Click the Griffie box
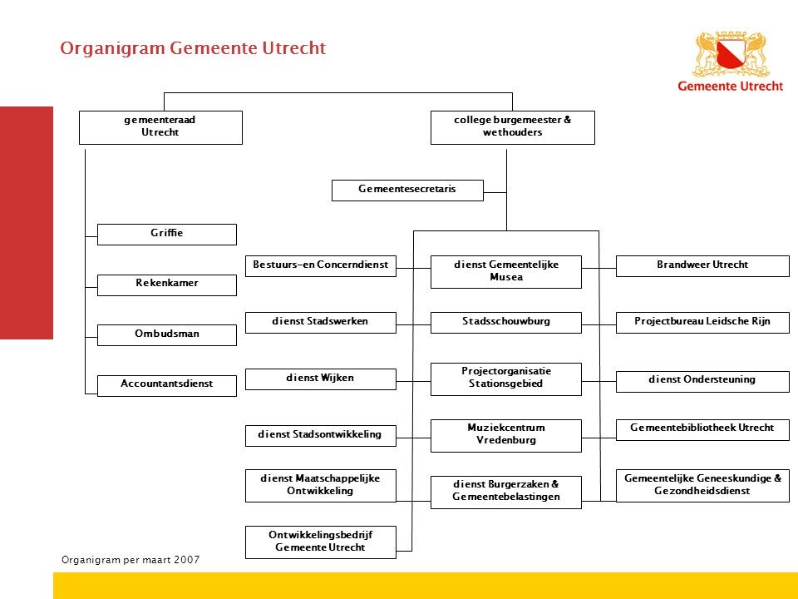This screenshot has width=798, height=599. coord(167,235)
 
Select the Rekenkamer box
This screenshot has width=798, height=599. coord(167,285)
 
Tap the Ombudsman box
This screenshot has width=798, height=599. coord(167,335)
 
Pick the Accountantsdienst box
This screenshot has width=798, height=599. coord(167,385)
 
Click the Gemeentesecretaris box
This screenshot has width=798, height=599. coord(407,191)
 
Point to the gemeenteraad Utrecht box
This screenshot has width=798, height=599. coord(160,127)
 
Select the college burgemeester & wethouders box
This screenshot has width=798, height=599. coord(513,127)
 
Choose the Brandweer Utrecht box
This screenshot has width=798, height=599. coord(702,266)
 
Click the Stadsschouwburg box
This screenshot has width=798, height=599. coord(506,323)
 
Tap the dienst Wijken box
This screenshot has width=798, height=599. coord(321,379)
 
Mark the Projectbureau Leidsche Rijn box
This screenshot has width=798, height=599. coord(702,323)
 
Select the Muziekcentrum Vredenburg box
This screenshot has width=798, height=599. coord(506,435)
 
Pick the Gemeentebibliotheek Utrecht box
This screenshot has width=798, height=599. coord(702,429)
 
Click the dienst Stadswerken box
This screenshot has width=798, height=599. coord(321,323)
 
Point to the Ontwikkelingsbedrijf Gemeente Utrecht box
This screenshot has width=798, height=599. coord(321,542)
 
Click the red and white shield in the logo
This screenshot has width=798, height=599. coord(731,55)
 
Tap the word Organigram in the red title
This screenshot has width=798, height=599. coord(112,48)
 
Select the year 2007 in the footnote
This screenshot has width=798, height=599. coord(187,560)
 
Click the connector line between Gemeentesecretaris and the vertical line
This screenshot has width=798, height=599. coord(495,192)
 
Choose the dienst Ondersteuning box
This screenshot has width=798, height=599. coord(702,382)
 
